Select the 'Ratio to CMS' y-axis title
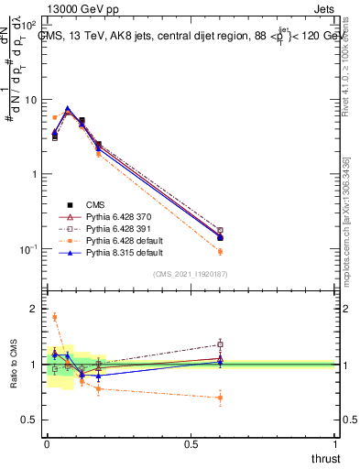coord(13,365)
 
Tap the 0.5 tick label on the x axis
coord(191,443)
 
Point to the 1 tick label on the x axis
coord(335,443)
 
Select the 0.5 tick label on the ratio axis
coord(29,420)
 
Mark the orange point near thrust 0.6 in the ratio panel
coord(220,398)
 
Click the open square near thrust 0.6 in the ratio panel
coord(220,344)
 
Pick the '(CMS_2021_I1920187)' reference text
coord(190,274)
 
